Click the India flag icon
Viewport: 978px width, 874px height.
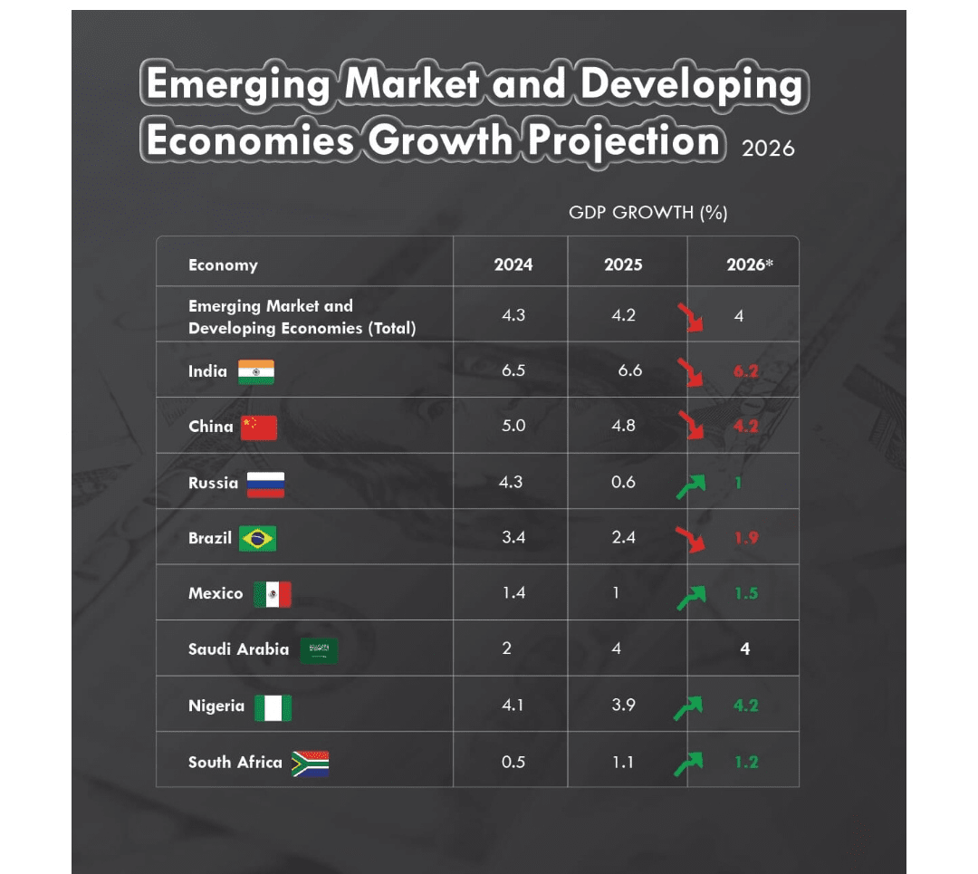[x=255, y=371]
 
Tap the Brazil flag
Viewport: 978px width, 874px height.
[x=257, y=538]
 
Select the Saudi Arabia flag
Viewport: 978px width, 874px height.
[x=319, y=649]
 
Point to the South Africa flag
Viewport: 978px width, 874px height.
[x=310, y=763]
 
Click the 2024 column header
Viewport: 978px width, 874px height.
[x=513, y=264]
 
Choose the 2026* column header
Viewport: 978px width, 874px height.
[x=749, y=264]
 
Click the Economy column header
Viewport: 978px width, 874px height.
[x=223, y=264]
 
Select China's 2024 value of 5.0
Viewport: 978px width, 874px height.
[x=513, y=426]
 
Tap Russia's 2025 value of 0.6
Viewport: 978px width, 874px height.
[x=623, y=482]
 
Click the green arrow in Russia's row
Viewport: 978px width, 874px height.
[x=690, y=487]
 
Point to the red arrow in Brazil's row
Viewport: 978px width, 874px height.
[x=692, y=539]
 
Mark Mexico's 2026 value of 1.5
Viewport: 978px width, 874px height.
[x=746, y=593]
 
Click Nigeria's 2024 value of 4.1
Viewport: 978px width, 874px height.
[x=513, y=705]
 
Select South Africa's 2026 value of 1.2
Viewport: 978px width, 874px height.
[x=746, y=762]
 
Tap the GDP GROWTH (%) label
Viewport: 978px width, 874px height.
[x=648, y=213]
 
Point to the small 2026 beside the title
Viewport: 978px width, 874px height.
[x=768, y=148]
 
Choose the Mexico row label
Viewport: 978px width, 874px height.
[x=216, y=593]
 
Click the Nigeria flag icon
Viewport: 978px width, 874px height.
[x=273, y=706]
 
